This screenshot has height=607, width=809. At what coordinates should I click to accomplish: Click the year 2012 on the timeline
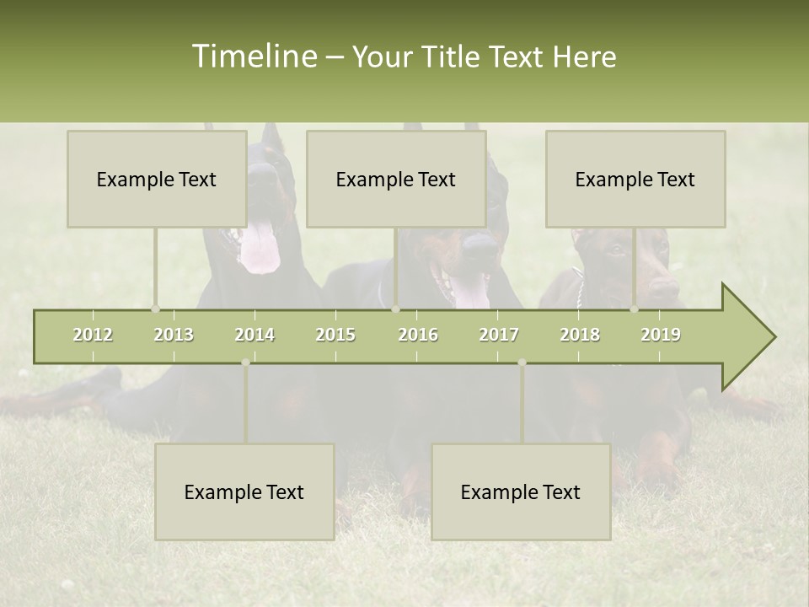point(93,335)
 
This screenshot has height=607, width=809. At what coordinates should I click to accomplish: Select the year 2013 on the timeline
point(174,335)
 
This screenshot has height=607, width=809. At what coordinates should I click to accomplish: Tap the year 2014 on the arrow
point(254,335)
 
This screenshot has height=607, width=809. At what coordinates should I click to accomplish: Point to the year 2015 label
point(335,335)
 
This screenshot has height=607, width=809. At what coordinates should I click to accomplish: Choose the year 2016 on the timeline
point(418,335)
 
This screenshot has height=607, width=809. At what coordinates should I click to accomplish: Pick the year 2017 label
point(499,335)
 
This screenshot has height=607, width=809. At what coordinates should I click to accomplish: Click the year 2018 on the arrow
point(580,335)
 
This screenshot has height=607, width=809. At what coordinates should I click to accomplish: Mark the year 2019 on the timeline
point(661,335)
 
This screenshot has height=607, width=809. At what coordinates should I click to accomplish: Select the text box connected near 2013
point(157,179)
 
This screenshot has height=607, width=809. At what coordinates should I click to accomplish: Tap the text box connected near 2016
point(396,179)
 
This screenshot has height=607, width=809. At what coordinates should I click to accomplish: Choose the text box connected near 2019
point(635,179)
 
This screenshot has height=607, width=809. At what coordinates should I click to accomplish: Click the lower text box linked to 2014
point(244,492)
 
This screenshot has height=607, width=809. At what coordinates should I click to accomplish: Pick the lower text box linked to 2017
point(521,492)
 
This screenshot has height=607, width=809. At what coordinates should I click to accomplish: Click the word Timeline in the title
point(254,56)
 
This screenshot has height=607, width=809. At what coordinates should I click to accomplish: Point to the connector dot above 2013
point(155,309)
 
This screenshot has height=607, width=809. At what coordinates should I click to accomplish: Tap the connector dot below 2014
point(245,363)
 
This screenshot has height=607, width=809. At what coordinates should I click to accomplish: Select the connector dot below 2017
point(522,363)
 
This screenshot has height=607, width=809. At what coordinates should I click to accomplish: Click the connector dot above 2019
point(634,309)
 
